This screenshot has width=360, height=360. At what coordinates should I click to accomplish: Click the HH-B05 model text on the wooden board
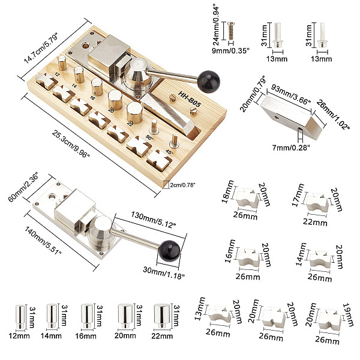pos(190,99)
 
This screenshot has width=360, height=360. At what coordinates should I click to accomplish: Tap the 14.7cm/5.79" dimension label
pos(42,48)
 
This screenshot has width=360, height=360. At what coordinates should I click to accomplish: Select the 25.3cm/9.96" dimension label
pos(71,144)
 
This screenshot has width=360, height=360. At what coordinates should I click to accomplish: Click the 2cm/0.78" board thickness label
pos(182,185)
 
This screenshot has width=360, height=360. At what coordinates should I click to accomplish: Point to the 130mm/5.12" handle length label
pos(154,220)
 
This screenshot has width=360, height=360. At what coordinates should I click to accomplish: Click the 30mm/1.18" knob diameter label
pos(164,273)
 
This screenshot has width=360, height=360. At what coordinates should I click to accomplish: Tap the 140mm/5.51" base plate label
pos(43,241)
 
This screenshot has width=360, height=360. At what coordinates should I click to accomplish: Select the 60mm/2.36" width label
pos(23,188)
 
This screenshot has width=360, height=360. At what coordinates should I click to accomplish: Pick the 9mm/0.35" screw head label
pos(230,51)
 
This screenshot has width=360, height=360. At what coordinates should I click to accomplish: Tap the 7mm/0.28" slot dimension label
pos(291,148)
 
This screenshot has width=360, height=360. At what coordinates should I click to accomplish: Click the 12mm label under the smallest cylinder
pos(19,336)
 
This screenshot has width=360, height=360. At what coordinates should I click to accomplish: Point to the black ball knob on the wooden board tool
pos(209,82)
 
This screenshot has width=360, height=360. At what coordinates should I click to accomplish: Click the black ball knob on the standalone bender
pos(169,251)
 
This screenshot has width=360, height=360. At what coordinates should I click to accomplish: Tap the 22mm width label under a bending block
pos(315,222)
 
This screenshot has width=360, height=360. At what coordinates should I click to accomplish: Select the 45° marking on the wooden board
pos(169,152)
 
